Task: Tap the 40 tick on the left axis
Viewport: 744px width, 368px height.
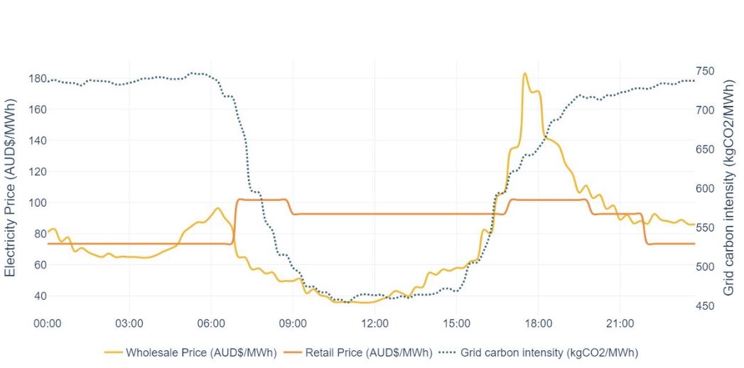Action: [x=36, y=296]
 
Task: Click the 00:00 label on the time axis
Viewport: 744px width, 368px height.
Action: [x=48, y=323]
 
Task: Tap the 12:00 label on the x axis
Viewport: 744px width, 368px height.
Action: [x=374, y=323]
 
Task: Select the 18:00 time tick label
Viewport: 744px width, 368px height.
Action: [x=538, y=323]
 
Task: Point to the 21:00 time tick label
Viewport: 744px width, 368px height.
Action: [x=620, y=323]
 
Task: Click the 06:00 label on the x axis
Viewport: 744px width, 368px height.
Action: [x=211, y=323]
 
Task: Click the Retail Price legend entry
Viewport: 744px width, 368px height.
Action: [x=358, y=352]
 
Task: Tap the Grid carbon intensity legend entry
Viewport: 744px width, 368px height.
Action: [x=544, y=352]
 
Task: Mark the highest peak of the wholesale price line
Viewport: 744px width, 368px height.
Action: [x=524, y=73]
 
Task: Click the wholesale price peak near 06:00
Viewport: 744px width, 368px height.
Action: [x=218, y=208]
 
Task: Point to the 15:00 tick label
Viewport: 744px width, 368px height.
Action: [x=456, y=323]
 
